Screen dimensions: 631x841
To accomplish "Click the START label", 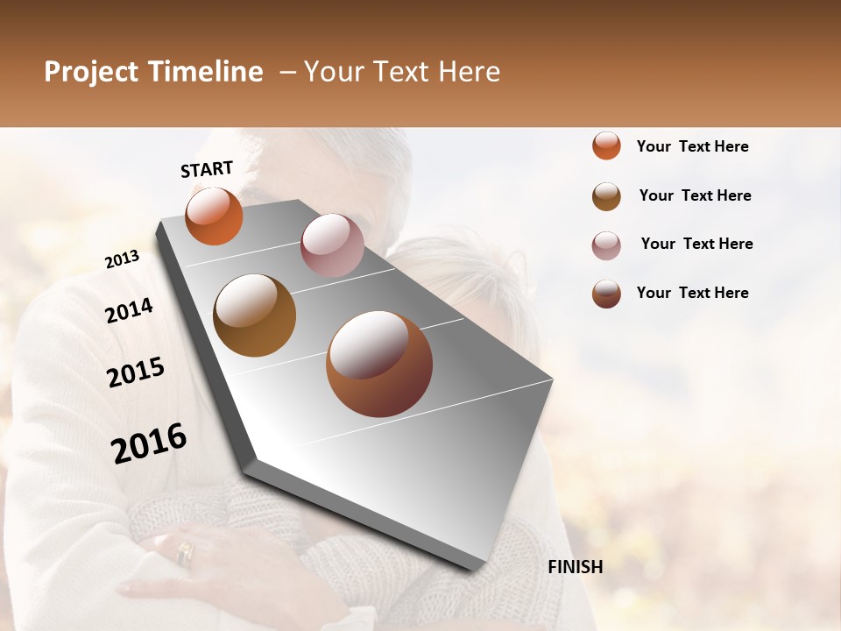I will click(207, 169).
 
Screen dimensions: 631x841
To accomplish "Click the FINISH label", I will click(575, 567).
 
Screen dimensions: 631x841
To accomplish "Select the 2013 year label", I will click(122, 259).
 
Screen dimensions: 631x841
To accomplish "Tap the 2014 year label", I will click(129, 310).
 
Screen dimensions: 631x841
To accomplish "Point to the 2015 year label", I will click(136, 372).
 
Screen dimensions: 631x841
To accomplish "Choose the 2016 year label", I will click(149, 443).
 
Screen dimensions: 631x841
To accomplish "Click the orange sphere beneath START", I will click(214, 216).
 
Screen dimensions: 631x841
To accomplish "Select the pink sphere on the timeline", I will click(332, 245).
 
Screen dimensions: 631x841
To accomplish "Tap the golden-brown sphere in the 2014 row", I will click(254, 315).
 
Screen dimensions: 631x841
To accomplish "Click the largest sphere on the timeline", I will click(379, 363).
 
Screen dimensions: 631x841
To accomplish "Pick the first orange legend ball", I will click(606, 145).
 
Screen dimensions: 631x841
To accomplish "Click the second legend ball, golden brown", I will click(606, 196).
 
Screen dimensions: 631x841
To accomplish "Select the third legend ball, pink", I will click(606, 245).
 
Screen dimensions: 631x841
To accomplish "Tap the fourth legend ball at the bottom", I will click(606, 294).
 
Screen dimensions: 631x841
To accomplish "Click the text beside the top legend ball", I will click(692, 146).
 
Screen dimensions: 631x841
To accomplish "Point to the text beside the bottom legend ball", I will click(692, 293).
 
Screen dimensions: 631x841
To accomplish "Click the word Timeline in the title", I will click(206, 72).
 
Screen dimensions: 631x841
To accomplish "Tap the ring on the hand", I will click(185, 552).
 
